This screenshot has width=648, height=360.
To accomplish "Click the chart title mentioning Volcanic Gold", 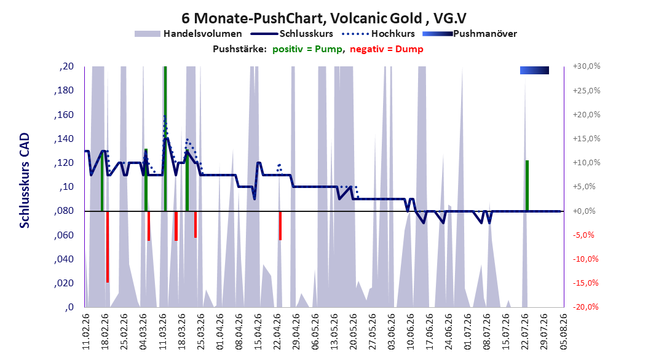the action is (324, 18).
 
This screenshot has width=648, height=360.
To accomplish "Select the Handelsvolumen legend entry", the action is (188, 34).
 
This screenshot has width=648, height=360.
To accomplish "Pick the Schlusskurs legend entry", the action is (292, 34).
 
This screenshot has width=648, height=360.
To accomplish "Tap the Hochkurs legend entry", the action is (378, 34).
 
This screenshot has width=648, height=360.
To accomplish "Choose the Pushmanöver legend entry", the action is (470, 34).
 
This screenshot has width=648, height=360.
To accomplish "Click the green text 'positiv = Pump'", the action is (307, 49).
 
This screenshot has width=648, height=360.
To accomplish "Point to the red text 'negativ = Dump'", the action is (387, 49).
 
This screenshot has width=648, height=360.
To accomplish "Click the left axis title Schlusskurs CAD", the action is (25, 181).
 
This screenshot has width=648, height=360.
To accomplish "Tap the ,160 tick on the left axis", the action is (64, 115).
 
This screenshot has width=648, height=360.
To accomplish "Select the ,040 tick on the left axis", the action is (64, 259).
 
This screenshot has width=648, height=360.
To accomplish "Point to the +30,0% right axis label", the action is (587, 66).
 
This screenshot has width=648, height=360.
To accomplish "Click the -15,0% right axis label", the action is (585, 283).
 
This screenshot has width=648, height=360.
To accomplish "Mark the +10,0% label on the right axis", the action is (587, 163).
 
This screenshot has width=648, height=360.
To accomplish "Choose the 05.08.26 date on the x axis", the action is (563, 332).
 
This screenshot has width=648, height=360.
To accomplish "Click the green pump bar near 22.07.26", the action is (527, 186).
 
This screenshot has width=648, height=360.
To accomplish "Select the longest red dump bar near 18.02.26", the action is (108, 247).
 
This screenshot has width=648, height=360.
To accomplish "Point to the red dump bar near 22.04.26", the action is (280, 226).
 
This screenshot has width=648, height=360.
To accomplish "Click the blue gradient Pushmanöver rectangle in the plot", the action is (534, 71).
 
